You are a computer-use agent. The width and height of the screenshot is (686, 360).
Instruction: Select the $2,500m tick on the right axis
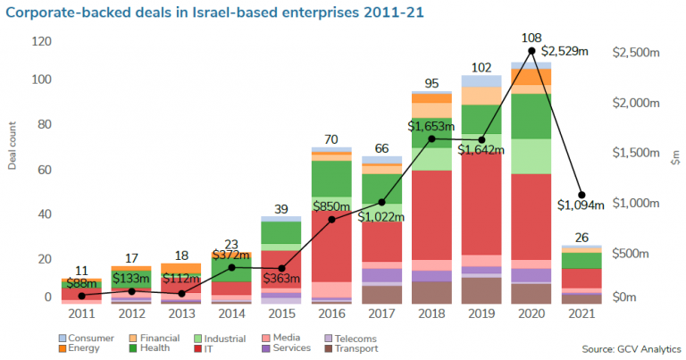(634, 54)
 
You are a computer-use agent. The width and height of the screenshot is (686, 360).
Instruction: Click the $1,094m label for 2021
(581, 205)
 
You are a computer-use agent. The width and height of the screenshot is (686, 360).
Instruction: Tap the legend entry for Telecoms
(352, 339)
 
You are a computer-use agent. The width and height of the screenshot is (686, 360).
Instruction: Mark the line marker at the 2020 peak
(532, 51)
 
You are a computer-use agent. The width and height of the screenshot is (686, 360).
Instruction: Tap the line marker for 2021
(582, 195)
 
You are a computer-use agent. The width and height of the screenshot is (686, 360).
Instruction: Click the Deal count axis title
(13, 147)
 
